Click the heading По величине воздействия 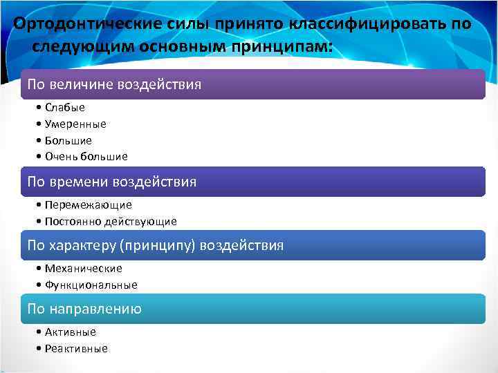(x=114, y=85)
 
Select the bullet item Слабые (x=65, y=108)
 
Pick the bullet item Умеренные (x=75, y=124)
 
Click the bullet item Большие (x=68, y=140)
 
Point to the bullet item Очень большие (x=86, y=157)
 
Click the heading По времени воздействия (x=111, y=182)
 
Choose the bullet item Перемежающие (x=88, y=205)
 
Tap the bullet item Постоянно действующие (x=111, y=222)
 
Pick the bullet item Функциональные (x=91, y=285)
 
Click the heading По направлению (x=84, y=309)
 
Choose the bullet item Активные (x=71, y=332)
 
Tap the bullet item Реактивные (x=76, y=349)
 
